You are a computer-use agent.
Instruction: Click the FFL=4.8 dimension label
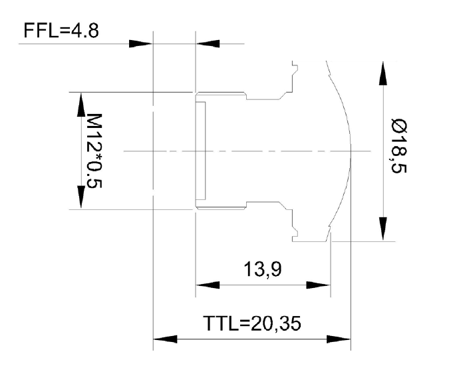[62, 31]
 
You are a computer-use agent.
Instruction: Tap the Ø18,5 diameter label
[400, 151]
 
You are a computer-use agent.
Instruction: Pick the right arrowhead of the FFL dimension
[208, 44]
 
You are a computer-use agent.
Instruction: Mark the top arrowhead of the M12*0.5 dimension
[80, 103]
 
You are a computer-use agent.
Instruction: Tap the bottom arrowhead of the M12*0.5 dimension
[80, 197]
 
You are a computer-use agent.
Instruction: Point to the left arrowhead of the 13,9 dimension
[207, 285]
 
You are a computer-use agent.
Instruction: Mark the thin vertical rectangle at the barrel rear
[201, 151]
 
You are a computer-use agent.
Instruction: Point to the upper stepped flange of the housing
[290, 83]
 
